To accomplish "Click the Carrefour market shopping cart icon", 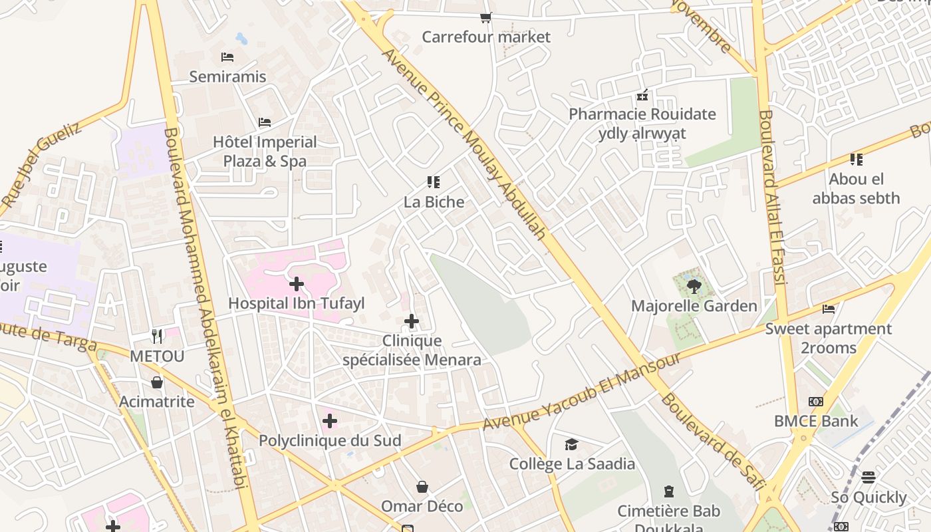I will coord(486,18).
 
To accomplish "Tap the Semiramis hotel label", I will coord(227,76).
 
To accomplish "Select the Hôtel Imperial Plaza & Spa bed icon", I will coord(265,122).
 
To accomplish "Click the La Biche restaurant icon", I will coord(434,182).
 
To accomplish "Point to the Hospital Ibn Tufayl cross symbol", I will coord(297,284).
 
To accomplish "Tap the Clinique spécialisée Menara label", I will coord(412,350).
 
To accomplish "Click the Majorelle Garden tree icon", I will coord(694,287).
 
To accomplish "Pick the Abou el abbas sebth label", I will coord(856,189).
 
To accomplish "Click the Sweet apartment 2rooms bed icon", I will coord(829,309).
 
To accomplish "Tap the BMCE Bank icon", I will coord(816,402).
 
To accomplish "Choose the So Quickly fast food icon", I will coord(868,477).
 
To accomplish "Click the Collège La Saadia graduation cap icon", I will coord(571,444).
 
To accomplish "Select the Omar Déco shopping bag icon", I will coord(422,487).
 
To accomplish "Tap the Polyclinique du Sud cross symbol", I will coord(330,421).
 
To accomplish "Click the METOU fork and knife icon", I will coord(157,336).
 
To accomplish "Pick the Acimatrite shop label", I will coord(157,402).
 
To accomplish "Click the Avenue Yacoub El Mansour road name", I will coord(581,392).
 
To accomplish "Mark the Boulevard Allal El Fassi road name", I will coord(773,197).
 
